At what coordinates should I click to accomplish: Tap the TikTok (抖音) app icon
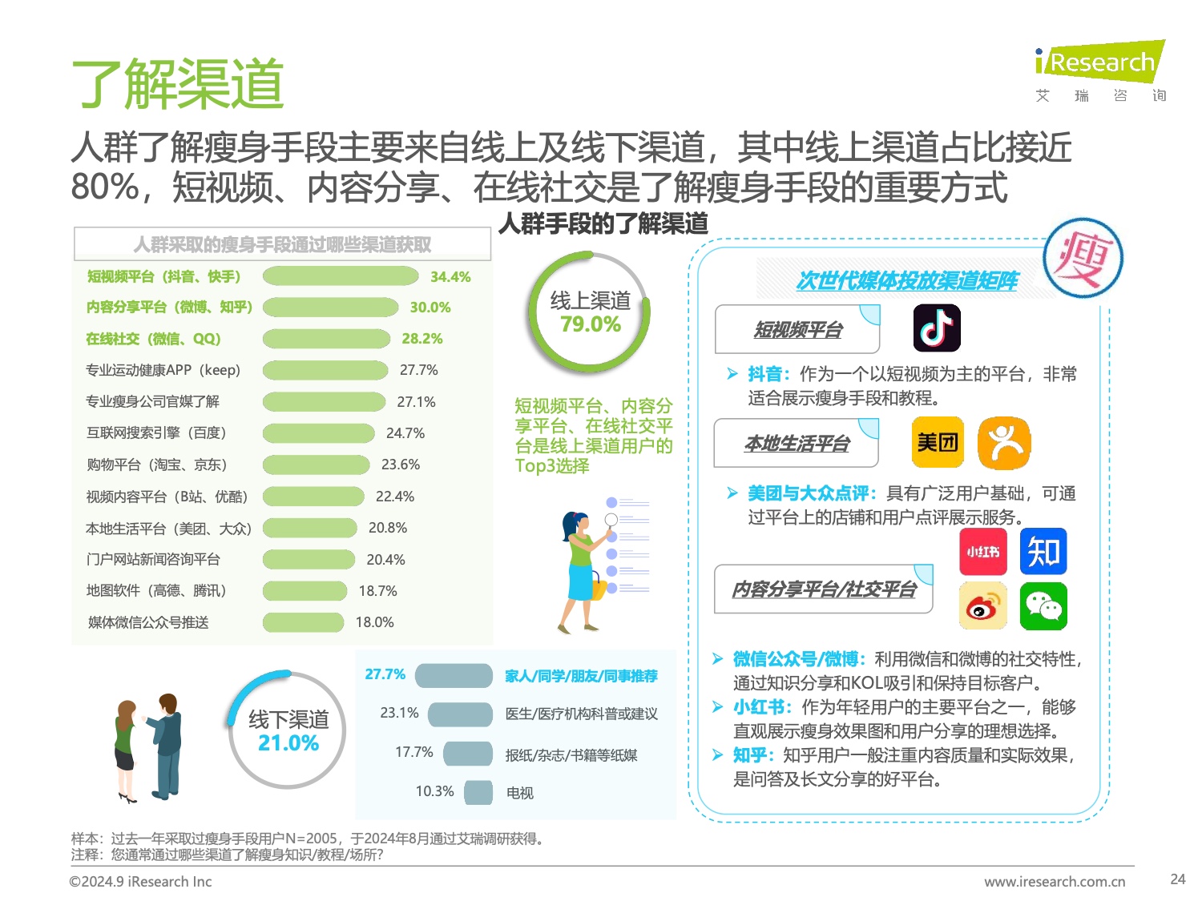click(x=937, y=328)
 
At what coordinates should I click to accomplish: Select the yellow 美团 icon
click(x=938, y=442)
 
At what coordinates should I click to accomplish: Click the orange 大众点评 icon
click(x=1004, y=443)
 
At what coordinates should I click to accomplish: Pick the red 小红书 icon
click(x=982, y=552)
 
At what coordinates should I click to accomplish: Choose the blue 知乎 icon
click(x=1043, y=552)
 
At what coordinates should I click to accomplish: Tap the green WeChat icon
click(x=1043, y=607)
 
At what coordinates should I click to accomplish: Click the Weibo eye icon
click(x=983, y=607)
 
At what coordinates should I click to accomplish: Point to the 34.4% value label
click(x=450, y=277)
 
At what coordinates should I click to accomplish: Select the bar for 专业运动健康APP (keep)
click(x=325, y=370)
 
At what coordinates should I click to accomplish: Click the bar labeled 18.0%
click(x=303, y=622)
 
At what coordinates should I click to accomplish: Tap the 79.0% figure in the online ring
click(x=591, y=324)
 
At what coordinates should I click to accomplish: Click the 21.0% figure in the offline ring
click(x=288, y=743)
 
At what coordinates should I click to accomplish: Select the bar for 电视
click(x=478, y=792)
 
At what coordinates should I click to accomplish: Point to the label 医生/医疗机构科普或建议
click(x=581, y=714)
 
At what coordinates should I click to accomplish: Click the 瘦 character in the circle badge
click(x=1083, y=259)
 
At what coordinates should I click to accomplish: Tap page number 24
click(x=1177, y=879)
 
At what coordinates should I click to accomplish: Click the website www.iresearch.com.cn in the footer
click(x=1055, y=882)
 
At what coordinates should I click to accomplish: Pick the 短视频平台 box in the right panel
click(x=797, y=330)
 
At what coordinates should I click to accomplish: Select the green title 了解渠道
click(x=178, y=83)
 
